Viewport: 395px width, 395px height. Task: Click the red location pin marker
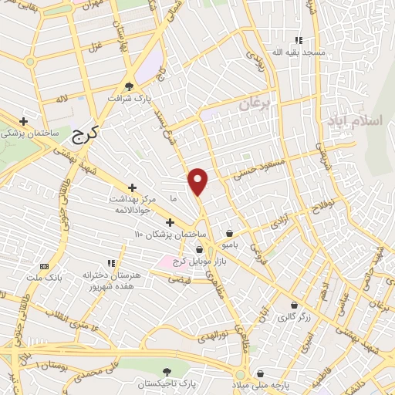(198, 181)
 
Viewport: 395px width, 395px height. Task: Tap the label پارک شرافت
(127, 100)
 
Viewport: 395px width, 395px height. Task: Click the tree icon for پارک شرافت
(128, 87)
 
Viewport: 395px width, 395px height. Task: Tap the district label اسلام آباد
(354, 122)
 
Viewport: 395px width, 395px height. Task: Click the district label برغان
(255, 103)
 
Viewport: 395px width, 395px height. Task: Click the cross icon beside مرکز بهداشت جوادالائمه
(132, 187)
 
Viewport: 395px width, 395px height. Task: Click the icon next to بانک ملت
(43, 265)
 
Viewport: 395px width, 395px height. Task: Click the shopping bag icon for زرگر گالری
(293, 304)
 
